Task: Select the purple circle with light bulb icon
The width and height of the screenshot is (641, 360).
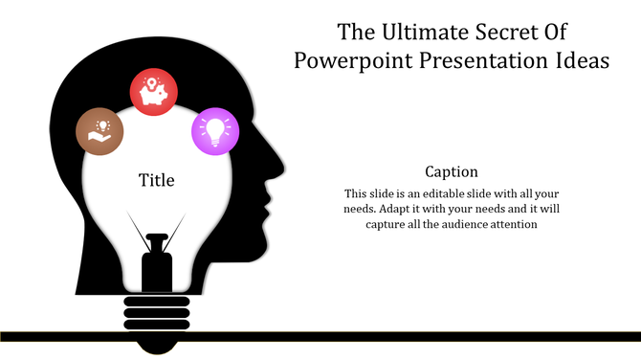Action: [x=216, y=130]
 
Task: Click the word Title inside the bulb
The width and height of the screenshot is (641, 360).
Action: [x=157, y=180]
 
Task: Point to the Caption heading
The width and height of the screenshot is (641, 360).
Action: [x=453, y=171]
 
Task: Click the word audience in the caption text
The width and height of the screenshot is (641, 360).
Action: [x=459, y=225]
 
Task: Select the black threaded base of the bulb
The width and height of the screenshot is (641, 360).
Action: [x=155, y=311]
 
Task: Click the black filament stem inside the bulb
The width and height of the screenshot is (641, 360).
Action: [x=155, y=268]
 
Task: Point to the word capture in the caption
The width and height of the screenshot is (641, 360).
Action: [x=387, y=225]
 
